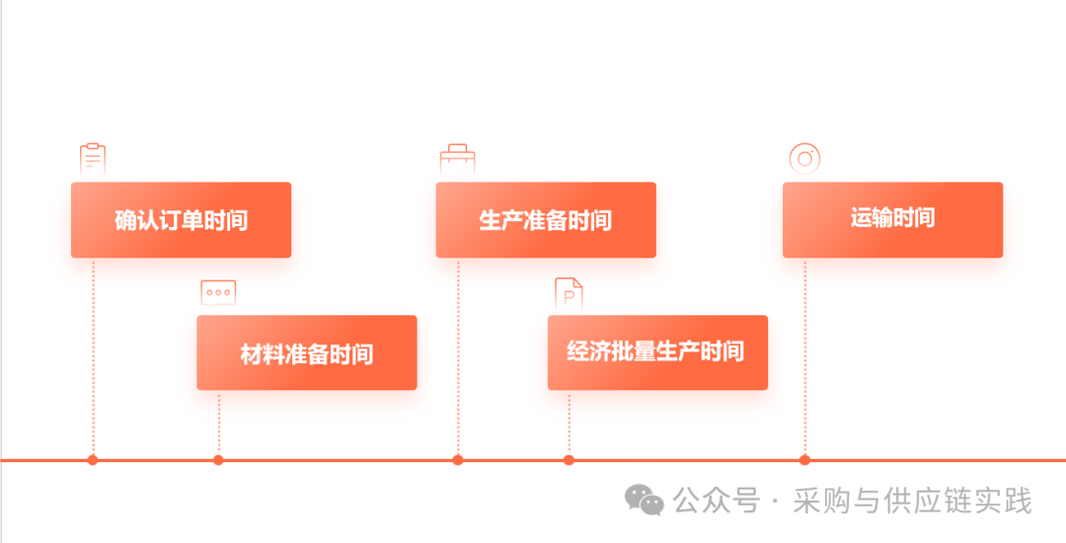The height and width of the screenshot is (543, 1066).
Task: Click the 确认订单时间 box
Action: (x=181, y=220)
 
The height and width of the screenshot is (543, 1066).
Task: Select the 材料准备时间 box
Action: (x=306, y=352)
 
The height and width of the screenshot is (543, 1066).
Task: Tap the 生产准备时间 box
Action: (x=546, y=220)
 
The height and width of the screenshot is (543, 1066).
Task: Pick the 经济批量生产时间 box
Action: (x=657, y=352)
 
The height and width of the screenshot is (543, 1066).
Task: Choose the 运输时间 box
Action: (x=892, y=219)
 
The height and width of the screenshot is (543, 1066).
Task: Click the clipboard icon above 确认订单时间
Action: (x=93, y=158)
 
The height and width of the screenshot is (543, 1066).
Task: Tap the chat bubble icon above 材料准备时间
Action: (x=218, y=292)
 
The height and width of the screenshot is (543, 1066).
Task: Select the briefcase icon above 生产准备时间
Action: (x=457, y=158)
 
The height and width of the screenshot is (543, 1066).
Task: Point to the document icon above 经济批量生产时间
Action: (x=569, y=293)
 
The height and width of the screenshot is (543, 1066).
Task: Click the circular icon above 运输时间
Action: (x=804, y=158)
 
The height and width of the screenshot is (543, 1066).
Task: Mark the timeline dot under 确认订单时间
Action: (x=93, y=460)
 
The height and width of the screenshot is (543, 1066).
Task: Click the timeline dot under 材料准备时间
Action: (x=218, y=460)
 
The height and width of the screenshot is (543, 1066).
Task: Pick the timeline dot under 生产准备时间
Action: (x=458, y=460)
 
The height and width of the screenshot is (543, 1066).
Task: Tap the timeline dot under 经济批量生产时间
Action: (x=569, y=460)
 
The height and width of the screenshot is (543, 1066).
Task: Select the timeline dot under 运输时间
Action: (x=804, y=460)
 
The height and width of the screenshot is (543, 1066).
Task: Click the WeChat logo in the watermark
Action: (x=647, y=501)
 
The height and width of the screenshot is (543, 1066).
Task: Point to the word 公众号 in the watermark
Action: (x=717, y=502)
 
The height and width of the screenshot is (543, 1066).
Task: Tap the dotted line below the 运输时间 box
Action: (x=804, y=355)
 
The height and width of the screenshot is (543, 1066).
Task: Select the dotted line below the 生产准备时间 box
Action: (x=458, y=355)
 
